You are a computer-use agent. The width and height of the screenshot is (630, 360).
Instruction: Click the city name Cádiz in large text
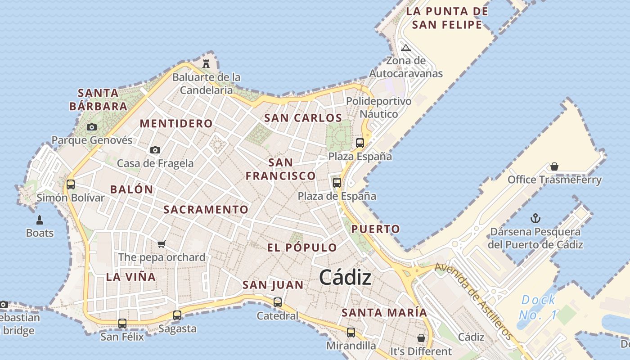(x=346, y=278)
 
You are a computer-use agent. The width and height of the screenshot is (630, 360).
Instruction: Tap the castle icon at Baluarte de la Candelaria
(x=206, y=63)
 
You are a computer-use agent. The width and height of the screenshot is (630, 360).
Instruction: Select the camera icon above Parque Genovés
(x=92, y=127)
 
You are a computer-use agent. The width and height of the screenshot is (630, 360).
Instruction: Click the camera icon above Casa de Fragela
(x=155, y=150)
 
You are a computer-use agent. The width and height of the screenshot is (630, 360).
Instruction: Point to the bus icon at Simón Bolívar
(x=71, y=184)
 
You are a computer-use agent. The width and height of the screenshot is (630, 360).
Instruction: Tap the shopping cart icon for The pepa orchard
(x=162, y=244)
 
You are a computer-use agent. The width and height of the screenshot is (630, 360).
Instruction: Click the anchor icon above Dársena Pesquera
(x=535, y=219)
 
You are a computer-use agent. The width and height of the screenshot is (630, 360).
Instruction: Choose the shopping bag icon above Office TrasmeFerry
(x=554, y=166)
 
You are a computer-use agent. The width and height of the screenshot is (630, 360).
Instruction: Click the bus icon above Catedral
(x=278, y=302)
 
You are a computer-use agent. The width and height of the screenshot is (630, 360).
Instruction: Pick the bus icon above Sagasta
(x=177, y=315)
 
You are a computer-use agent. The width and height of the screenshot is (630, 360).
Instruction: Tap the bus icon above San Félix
(x=122, y=323)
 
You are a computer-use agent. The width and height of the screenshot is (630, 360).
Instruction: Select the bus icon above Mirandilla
(x=351, y=333)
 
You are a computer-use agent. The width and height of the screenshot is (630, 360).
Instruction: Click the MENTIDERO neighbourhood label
(x=176, y=123)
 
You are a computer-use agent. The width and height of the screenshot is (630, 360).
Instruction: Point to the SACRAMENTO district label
(x=206, y=209)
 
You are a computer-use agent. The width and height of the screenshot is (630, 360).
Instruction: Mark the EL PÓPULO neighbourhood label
(x=302, y=247)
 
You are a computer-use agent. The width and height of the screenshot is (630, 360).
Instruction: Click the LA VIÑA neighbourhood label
(x=131, y=277)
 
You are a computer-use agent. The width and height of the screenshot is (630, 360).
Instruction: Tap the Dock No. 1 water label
(x=538, y=307)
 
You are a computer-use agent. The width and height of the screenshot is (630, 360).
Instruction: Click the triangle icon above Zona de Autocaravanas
(x=406, y=48)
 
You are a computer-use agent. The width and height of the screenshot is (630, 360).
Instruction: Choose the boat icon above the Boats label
(x=40, y=220)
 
